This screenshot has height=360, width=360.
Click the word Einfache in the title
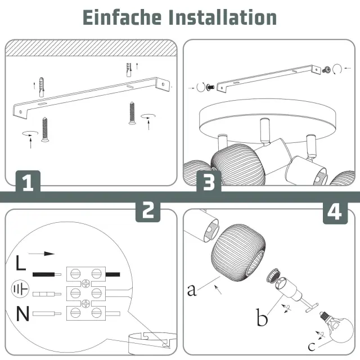[122, 17]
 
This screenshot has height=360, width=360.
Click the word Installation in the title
[223, 17]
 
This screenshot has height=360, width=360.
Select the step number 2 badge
[148, 210]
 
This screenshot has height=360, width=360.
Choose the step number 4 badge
[335, 212]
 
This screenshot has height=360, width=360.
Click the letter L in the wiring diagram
[21, 263]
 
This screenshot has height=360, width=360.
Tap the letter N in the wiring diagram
[22, 314]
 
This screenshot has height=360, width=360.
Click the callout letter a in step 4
[192, 290]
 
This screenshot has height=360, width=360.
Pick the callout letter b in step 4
[262, 317]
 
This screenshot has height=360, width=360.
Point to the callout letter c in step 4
[312, 346]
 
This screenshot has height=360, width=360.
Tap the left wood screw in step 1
[45, 129]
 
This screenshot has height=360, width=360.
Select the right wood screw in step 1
[132, 113]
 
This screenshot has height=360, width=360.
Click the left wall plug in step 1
[42, 87]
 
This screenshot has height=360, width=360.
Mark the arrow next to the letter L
[42, 254]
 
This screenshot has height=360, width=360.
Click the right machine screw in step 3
[326, 70]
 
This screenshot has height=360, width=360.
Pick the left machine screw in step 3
[210, 87]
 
